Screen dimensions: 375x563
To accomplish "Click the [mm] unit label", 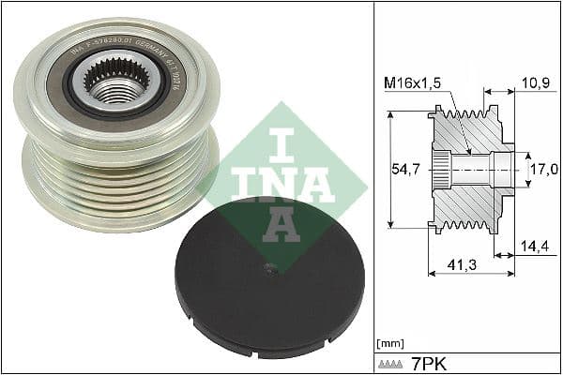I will [x=388, y=341].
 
